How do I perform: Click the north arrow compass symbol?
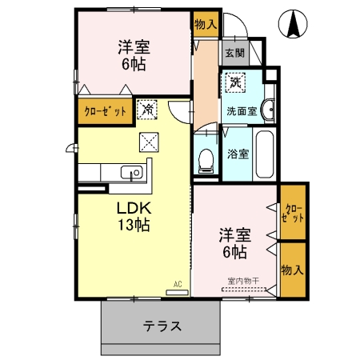pos(292,25)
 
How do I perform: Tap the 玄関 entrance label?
pos(234,54)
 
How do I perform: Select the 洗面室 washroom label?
pos(241,111)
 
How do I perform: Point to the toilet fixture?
pos(205,158)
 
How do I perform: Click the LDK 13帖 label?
pos(131,215)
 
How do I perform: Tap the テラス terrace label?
pos(162,326)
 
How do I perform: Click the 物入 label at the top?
pos(206,24)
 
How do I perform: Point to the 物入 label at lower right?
pos(293,270)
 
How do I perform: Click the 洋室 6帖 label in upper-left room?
pos(134,55)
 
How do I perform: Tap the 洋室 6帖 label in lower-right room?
pos(234,243)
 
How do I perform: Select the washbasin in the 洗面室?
pos(270,111)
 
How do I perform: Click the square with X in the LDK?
pos(149,142)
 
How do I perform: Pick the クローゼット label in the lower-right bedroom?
pos(293,212)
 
